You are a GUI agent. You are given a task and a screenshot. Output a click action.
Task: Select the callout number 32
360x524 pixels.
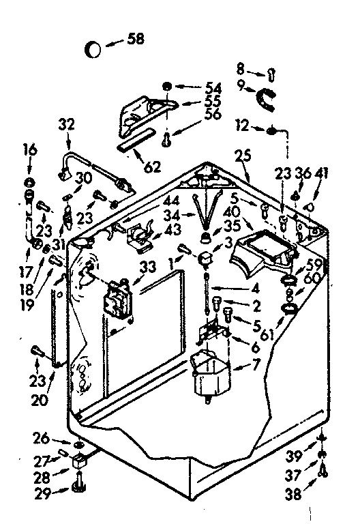pyautogui.click(x=66, y=124)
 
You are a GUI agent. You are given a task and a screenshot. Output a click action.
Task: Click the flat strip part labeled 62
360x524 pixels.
pyautogui.click(x=132, y=147)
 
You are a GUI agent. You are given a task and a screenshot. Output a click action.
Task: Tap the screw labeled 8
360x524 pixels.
pyautogui.click(x=271, y=72)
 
